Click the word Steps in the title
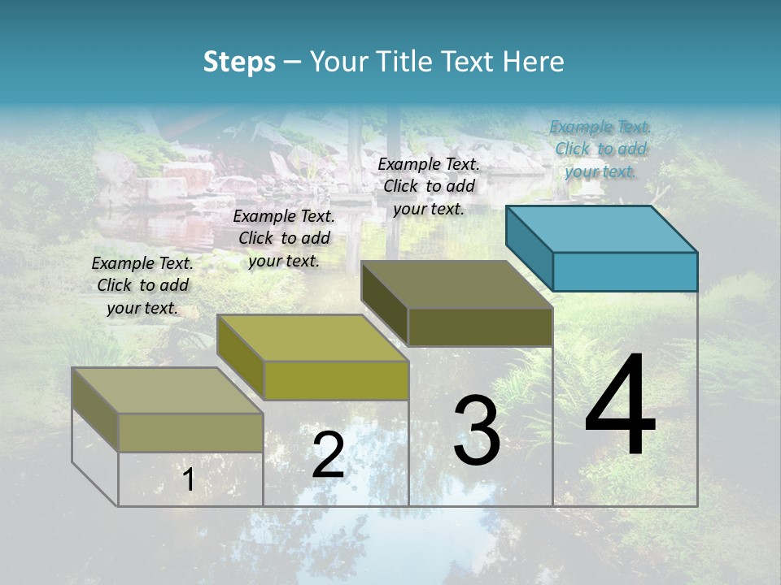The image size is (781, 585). pyautogui.click(x=238, y=62)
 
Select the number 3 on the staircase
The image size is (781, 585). pyautogui.click(x=477, y=431)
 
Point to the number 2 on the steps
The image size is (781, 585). pyautogui.click(x=328, y=455)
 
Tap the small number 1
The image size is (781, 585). pyautogui.click(x=189, y=479)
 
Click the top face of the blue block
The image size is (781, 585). pyautogui.click(x=602, y=228)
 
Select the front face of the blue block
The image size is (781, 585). pyautogui.click(x=625, y=271)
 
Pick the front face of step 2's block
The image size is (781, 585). pyautogui.click(x=336, y=380)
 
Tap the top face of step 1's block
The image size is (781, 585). pyautogui.click(x=168, y=391)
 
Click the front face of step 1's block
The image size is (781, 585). pyautogui.click(x=191, y=432)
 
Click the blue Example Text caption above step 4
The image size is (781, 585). pyautogui.click(x=600, y=149)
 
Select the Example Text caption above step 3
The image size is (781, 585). pyautogui.click(x=429, y=186)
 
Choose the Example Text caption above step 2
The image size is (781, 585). pyautogui.click(x=284, y=238)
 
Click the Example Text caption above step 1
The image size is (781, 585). pyautogui.click(x=142, y=285)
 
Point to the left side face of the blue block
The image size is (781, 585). pyautogui.click(x=529, y=248)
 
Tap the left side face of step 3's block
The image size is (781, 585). pyautogui.click(x=384, y=302)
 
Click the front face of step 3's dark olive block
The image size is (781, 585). pyautogui.click(x=480, y=327)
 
